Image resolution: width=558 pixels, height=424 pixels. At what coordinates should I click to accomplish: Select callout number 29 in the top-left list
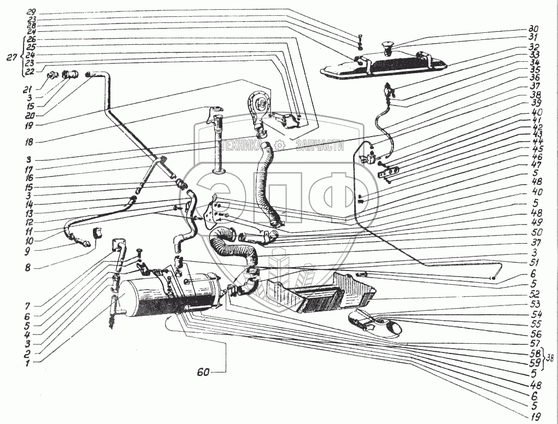(x=31, y=12)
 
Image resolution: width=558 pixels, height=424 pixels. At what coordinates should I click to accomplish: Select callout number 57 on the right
(x=534, y=343)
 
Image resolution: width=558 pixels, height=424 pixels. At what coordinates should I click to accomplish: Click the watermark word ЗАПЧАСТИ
(x=320, y=145)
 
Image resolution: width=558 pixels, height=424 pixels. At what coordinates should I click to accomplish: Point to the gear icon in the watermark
(x=280, y=145)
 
